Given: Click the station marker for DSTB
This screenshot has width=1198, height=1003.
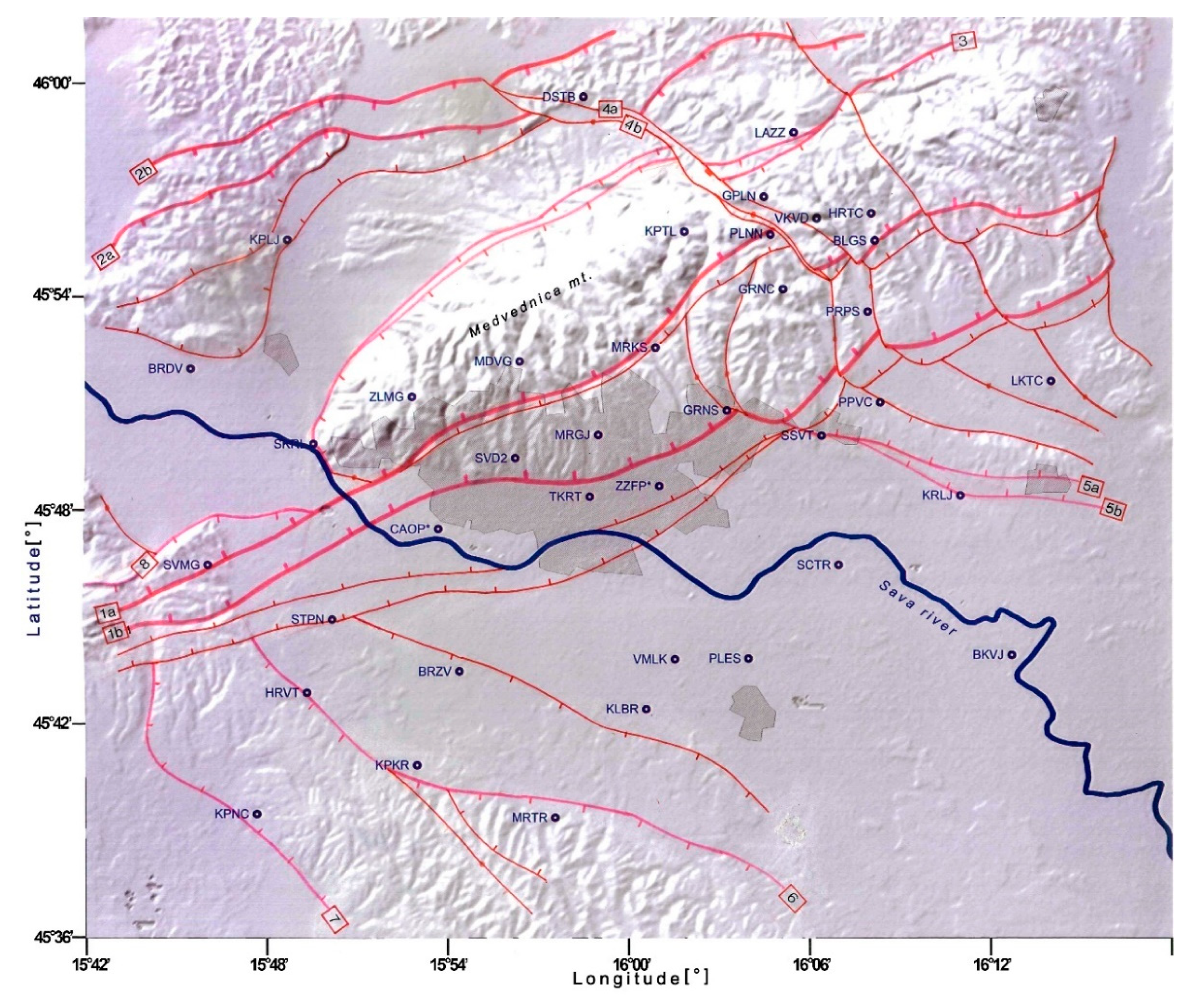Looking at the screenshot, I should (583, 97).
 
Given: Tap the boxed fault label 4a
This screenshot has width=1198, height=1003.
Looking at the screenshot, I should (610, 108).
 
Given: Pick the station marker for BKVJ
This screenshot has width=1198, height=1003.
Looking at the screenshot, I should (1011, 654).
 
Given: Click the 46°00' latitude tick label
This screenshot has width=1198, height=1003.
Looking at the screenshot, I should (56, 83).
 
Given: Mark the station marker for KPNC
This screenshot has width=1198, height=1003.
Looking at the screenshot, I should (257, 814).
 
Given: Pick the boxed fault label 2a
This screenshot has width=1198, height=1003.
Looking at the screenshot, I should (106, 257).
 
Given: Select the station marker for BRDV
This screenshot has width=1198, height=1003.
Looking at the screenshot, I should (191, 369).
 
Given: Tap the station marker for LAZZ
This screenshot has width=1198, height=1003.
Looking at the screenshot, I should (793, 133).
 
